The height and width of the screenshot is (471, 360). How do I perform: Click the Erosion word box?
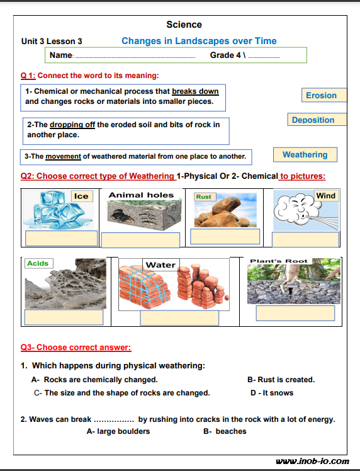324,95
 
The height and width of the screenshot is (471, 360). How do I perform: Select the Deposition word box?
317,120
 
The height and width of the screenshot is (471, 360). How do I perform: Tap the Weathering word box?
305,155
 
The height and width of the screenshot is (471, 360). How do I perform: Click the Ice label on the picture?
82,196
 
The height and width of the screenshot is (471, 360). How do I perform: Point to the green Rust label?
205,196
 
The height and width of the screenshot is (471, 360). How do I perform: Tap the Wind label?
326,196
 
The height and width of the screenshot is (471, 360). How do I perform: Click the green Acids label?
39,263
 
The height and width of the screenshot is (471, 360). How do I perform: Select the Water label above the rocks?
160,264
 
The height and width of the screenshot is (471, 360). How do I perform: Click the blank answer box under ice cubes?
61,238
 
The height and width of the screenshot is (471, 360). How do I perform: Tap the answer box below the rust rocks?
225,236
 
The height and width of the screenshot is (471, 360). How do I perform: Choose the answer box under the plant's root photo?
295,314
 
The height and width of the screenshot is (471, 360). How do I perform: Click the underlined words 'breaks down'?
195,91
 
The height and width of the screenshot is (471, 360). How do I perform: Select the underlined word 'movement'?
63,157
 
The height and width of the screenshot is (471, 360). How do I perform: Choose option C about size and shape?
122,393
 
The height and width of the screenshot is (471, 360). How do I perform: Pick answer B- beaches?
225,431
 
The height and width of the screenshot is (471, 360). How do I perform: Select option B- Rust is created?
281,380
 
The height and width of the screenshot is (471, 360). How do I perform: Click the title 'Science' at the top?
184,25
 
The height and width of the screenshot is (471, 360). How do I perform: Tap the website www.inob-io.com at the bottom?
312,461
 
